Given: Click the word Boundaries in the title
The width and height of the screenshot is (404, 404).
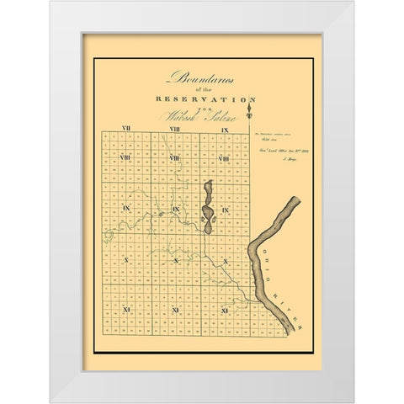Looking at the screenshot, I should coord(202,77).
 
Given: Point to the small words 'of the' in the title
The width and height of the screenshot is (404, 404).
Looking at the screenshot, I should coord(202,88).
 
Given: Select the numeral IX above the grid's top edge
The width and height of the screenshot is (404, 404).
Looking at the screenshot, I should coord(225,129).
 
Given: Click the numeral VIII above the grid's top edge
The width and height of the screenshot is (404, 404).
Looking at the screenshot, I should coord(174,128).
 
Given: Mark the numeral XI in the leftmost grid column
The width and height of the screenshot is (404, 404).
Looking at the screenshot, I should coord(125,311).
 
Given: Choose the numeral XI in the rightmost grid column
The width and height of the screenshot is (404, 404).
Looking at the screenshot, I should coord(224,311).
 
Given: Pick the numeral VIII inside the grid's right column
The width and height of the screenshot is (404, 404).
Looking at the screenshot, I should coord(224,157).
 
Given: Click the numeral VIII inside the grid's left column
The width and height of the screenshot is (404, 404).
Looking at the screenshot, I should coord(125,157).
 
